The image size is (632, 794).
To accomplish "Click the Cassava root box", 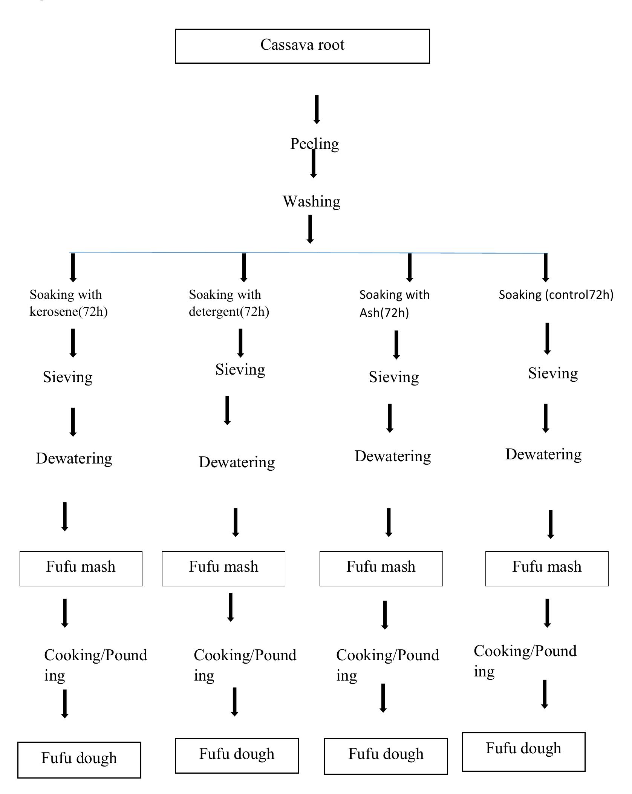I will point(302,46).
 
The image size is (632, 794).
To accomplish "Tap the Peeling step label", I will point(314,144).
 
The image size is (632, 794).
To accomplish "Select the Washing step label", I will point(311,201).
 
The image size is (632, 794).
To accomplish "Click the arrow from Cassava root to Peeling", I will point(317,109).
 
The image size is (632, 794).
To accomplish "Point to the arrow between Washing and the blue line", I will point(310,229).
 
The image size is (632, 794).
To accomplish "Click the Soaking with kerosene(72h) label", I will point(68,303).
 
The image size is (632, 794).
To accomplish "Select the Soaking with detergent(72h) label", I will point(229,303).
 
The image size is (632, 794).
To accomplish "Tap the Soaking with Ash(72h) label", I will point(394,303).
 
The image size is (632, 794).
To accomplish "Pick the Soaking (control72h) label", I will point(555,295).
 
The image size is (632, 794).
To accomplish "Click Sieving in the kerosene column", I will point(67,377).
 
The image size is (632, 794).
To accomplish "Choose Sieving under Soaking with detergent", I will point(240,369).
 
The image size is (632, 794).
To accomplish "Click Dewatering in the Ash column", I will point(392,456).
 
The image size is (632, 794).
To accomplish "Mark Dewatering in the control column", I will point(543,454).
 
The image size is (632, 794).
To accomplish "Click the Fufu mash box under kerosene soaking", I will point(81,569).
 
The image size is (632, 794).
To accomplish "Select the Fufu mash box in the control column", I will point(546,569).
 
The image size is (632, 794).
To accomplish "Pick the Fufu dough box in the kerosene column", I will point(79,760).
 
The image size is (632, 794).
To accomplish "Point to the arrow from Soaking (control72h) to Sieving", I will point(547,338).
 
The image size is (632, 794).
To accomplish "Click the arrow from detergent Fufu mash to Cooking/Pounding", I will point(230,607).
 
